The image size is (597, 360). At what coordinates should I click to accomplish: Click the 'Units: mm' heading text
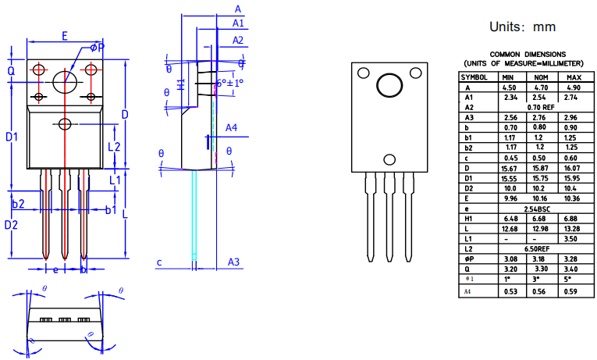(522, 27)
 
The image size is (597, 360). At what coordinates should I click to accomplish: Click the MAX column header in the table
(573, 77)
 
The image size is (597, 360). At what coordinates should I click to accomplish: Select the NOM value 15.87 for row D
(540, 169)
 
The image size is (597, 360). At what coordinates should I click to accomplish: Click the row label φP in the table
(469, 258)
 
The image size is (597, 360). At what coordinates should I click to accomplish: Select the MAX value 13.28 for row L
(573, 229)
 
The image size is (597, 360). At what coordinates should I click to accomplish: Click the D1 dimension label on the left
(12, 137)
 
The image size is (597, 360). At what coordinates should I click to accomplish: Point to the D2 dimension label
(11, 225)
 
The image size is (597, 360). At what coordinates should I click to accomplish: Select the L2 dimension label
(113, 146)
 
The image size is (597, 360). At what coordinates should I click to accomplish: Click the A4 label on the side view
(232, 127)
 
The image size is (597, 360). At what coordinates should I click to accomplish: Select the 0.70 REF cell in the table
(540, 108)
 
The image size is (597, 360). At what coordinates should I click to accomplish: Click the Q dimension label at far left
(11, 70)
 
